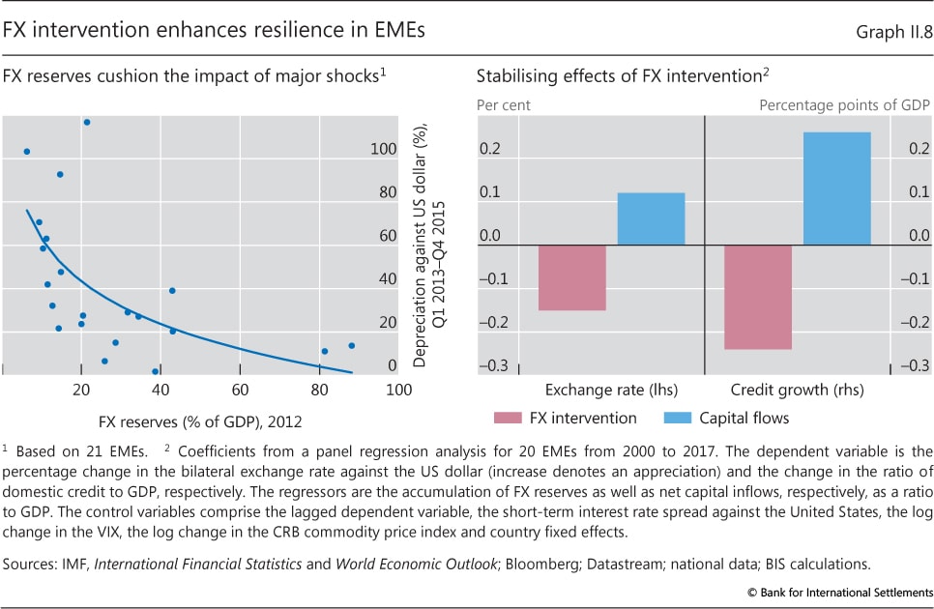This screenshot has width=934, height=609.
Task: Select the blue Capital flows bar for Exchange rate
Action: (651, 218)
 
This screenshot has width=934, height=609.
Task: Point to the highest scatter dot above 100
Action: (87, 122)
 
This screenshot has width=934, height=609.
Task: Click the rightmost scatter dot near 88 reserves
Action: (352, 345)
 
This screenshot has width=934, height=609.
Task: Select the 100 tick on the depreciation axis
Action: (384, 149)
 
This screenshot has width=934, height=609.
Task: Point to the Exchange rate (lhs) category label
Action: (611, 391)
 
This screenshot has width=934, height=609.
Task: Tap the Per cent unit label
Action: (503, 103)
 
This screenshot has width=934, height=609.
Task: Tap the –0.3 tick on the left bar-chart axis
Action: (493, 365)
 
